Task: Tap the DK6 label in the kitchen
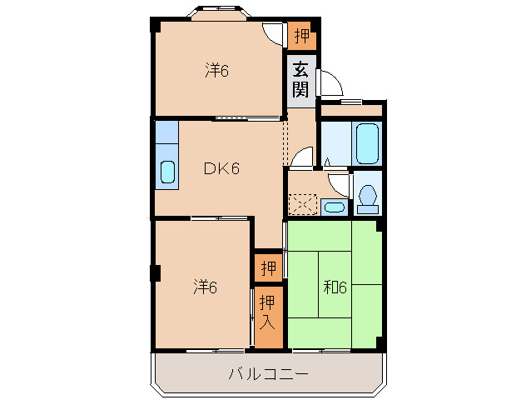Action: [222, 169]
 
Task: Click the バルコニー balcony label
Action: [269, 374]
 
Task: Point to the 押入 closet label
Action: [267, 309]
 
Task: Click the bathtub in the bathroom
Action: [367, 143]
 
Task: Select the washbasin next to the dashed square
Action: [334, 207]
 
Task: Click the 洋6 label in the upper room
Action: [217, 71]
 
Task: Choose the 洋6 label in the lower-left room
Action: [206, 288]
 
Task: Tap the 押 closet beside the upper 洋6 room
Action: [302, 36]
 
